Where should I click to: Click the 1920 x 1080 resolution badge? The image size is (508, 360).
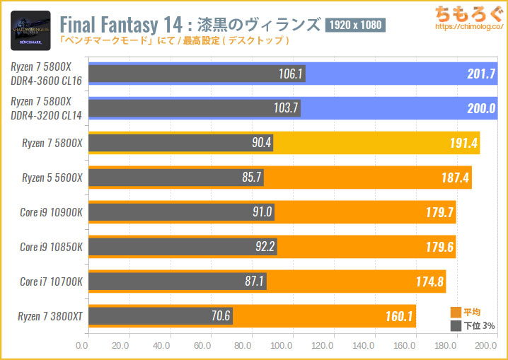click(354, 25)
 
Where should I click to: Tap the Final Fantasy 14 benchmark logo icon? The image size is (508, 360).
click(30, 30)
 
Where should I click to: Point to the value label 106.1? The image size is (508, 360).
click(291, 74)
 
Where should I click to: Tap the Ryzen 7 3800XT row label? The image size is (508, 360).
click(50, 315)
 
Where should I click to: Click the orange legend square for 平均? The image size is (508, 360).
click(456, 312)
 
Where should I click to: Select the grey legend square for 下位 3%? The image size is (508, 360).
click(456, 325)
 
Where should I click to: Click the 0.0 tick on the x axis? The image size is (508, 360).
click(82, 346)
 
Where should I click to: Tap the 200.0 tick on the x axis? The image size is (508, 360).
click(485, 346)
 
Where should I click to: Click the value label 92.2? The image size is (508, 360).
click(262, 247)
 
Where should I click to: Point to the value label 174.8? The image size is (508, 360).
click(429, 281)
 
